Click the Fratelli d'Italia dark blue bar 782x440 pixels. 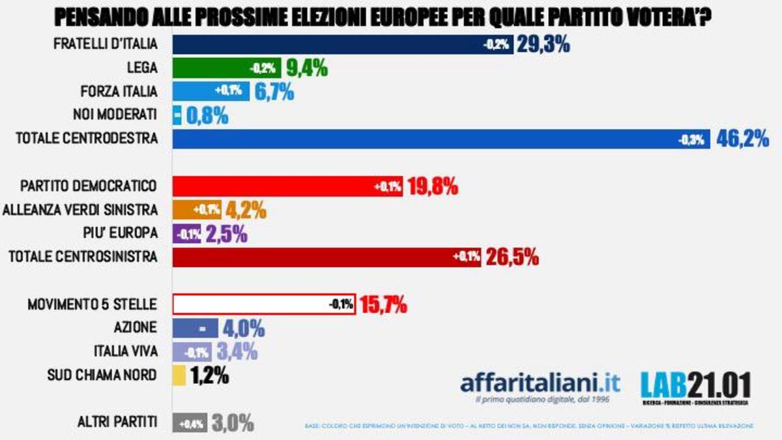click(x=326, y=45)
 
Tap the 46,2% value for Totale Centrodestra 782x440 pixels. click(x=742, y=139)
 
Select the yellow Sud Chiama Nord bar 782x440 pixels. click(x=179, y=376)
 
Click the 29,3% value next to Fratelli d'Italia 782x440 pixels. click(x=543, y=45)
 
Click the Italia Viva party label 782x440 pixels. click(x=125, y=352)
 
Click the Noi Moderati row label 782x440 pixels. click(x=115, y=115)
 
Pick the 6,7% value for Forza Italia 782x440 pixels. click(x=274, y=91)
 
